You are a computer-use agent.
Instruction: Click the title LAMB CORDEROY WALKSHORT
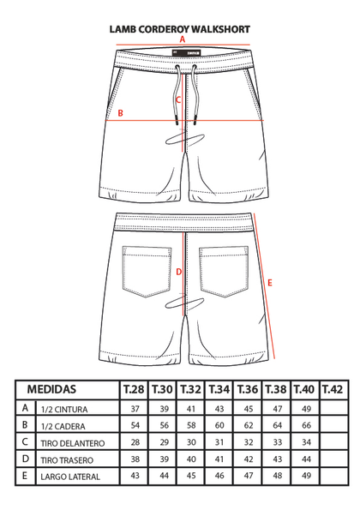(x=180, y=29)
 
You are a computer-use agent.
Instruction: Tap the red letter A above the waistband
(x=183, y=39)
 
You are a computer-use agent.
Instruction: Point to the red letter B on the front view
(x=120, y=113)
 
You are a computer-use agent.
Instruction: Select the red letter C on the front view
(x=178, y=99)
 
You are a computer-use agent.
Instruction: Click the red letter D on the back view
(x=178, y=272)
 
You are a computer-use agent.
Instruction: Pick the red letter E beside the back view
(x=270, y=283)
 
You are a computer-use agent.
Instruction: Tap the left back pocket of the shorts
(x=147, y=272)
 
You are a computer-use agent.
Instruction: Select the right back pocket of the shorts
(x=224, y=272)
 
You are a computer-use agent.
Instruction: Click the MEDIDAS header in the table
(x=51, y=389)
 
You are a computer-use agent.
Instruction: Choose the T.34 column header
(x=219, y=389)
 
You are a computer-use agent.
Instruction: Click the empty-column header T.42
(x=333, y=389)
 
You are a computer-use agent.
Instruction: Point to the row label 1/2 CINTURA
(x=64, y=410)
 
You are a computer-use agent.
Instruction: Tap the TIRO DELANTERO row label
(x=73, y=443)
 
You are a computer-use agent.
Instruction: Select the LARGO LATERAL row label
(x=70, y=477)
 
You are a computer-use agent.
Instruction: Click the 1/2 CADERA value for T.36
(x=248, y=425)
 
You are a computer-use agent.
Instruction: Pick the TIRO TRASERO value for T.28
(x=135, y=459)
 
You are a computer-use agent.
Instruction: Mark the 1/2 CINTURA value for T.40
(x=306, y=409)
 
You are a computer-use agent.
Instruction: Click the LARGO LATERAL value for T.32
(x=191, y=476)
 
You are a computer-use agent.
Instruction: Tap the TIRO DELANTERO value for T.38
(x=277, y=442)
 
